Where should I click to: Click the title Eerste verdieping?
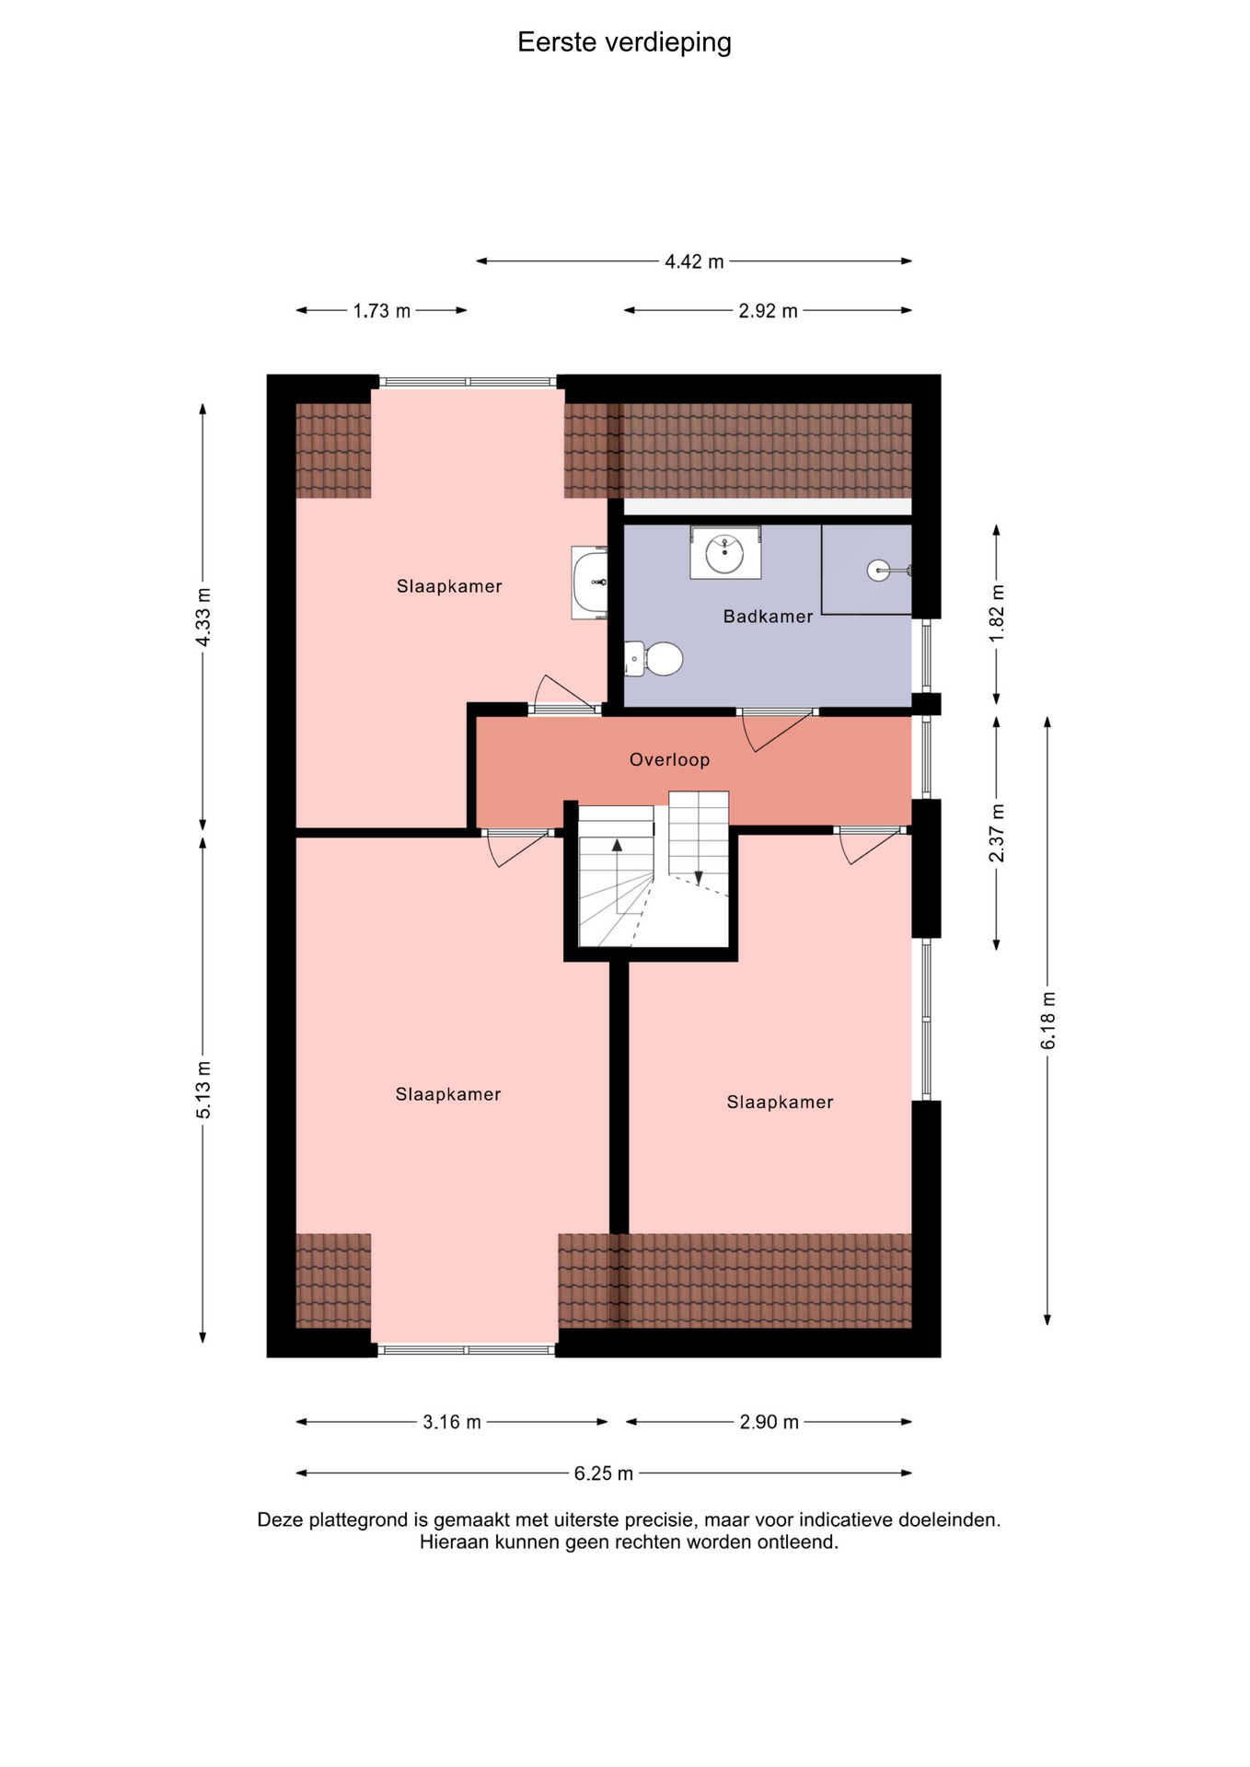pyautogui.click(x=624, y=42)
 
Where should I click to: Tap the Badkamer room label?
pyautogui.click(x=768, y=617)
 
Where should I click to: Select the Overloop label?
pyautogui.click(x=669, y=759)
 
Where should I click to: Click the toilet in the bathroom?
pyautogui.click(x=654, y=659)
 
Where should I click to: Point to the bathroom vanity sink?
pyautogui.click(x=725, y=553)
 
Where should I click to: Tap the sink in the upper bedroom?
pyautogui.click(x=590, y=583)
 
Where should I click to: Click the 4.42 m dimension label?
pyautogui.click(x=694, y=261)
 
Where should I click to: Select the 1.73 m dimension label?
pyautogui.click(x=381, y=311)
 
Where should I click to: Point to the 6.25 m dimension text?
pyautogui.click(x=603, y=1473)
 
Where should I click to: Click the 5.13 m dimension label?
pyautogui.click(x=203, y=1090)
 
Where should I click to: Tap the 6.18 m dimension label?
pyautogui.click(x=1047, y=1020)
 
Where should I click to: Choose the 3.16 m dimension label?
pyautogui.click(x=451, y=1422)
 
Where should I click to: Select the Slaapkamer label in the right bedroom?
pyautogui.click(x=780, y=1102)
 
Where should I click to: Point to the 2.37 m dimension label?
pyautogui.click(x=997, y=833)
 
